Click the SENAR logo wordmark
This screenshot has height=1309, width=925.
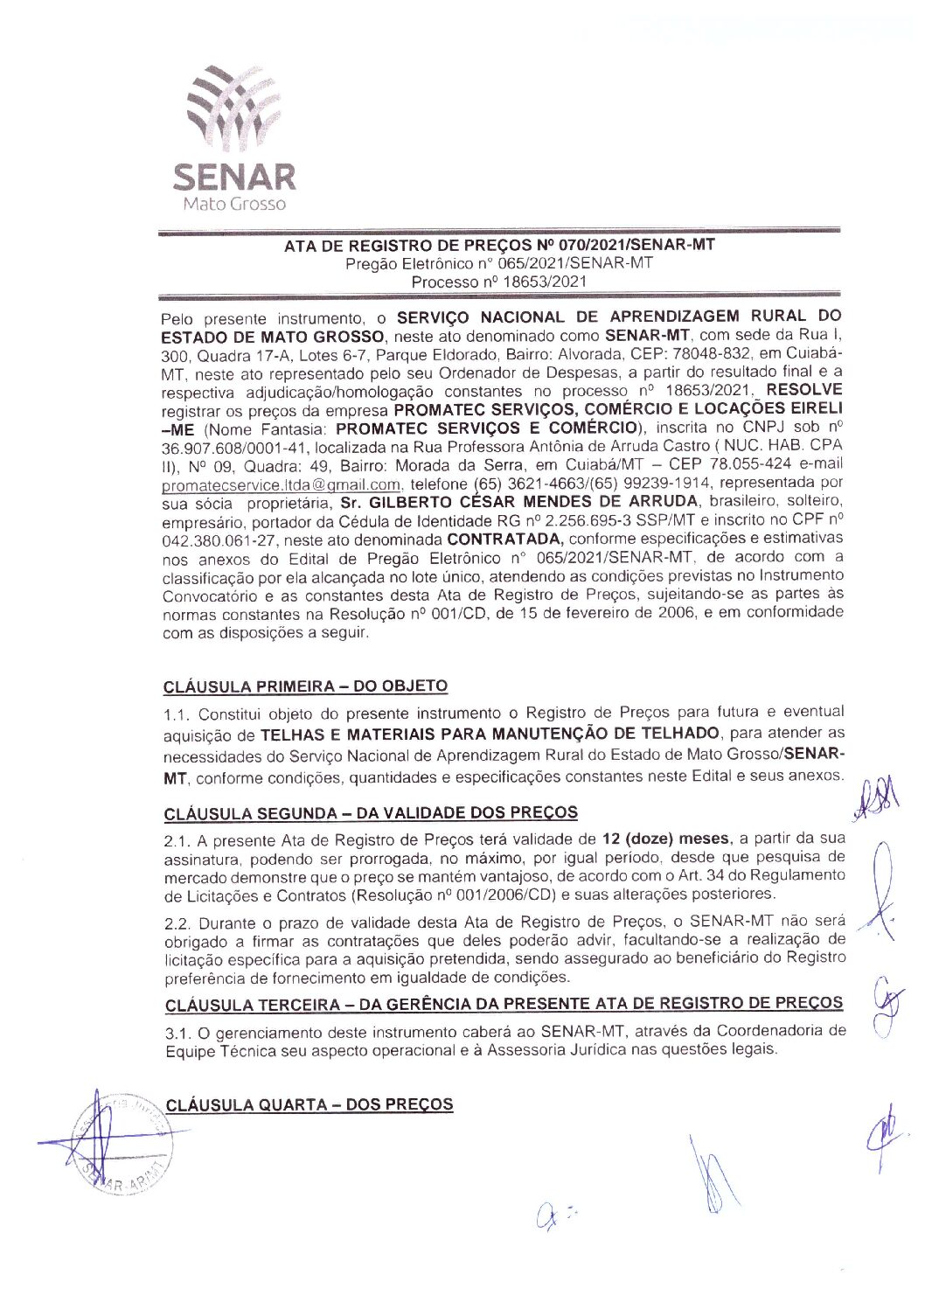pos(233,177)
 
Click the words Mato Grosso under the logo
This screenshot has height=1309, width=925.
pos(233,204)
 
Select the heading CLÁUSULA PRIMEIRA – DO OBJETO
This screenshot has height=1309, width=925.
pos(305,686)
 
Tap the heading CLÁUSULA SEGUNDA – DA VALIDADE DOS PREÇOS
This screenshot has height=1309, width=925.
pos(371,812)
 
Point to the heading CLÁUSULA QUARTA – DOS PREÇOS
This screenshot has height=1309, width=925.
pos(309,1104)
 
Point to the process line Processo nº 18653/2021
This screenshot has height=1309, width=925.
pos(498,282)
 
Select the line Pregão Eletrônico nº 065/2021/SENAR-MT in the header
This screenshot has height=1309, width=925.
pos(498,263)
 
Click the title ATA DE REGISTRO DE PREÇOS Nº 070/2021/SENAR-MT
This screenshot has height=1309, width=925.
pos(498,245)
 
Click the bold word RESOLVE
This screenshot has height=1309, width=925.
pos(803,389)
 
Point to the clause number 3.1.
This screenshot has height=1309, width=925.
pos(177,1032)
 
